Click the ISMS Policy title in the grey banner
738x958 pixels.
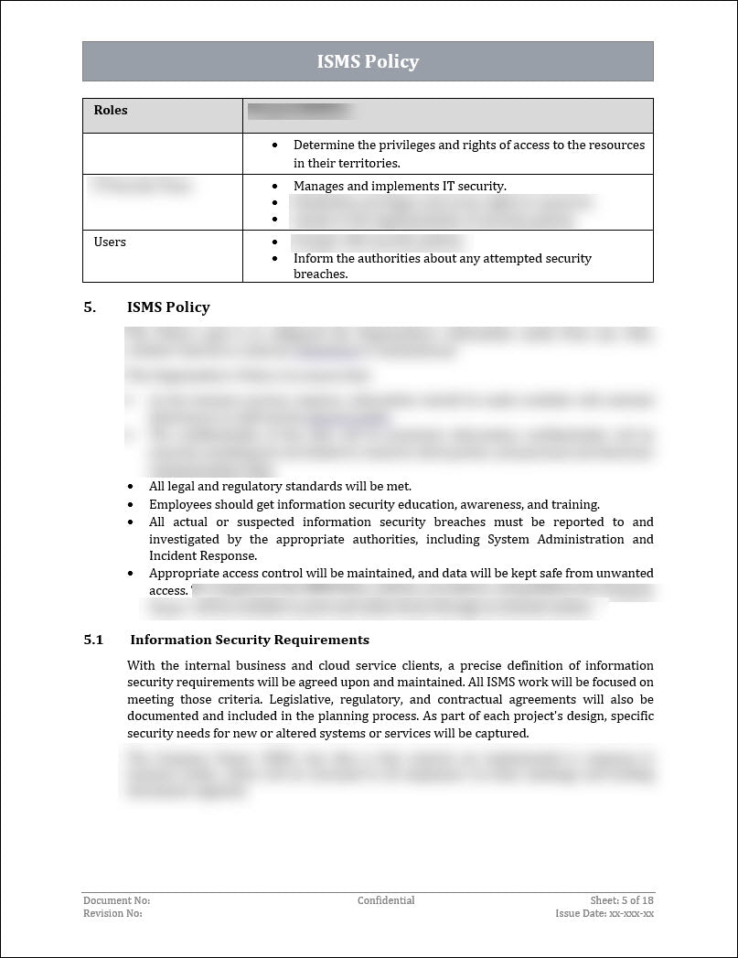pos(368,61)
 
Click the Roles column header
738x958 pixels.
pos(111,111)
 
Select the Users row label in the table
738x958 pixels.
pos(110,242)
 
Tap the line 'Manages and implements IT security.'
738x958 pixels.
pos(400,186)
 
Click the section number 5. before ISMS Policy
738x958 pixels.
pos(90,307)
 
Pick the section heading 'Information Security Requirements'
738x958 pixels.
pos(250,640)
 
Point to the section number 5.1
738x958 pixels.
pos(93,640)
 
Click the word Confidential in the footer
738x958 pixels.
pos(386,900)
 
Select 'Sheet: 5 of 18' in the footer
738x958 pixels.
pos(622,900)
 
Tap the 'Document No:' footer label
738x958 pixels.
pos(116,900)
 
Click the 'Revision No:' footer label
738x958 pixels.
pos(112,913)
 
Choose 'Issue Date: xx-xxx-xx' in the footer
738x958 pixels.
pos(604,913)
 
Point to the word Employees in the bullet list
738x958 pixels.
pos(179,504)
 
